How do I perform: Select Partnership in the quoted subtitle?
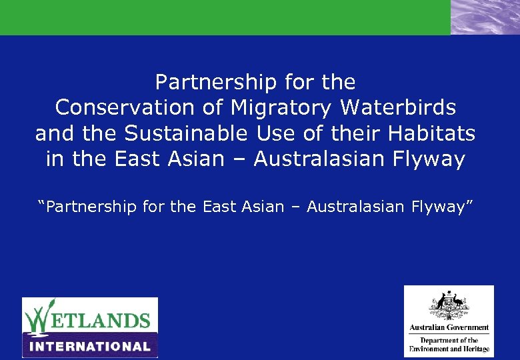coord(88,207)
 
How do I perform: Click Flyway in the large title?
coord(430,160)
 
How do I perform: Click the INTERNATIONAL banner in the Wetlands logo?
coord(90,346)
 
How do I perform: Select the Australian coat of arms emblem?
coord(449,307)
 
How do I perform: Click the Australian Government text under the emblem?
coord(449,328)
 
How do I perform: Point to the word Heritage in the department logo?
coord(473,349)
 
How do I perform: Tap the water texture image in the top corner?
coord(485,17)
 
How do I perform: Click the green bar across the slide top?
coord(225,17)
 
